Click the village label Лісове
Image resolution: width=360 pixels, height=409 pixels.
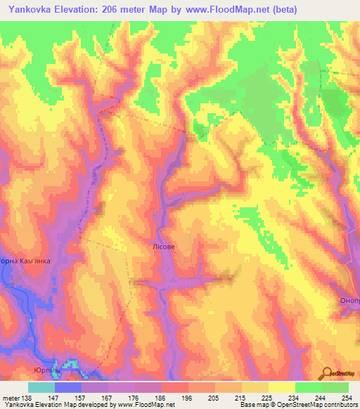(x=163, y=247)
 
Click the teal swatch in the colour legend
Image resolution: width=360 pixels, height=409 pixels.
(x=41, y=387)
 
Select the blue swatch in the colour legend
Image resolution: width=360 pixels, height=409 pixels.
(x=68, y=387)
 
